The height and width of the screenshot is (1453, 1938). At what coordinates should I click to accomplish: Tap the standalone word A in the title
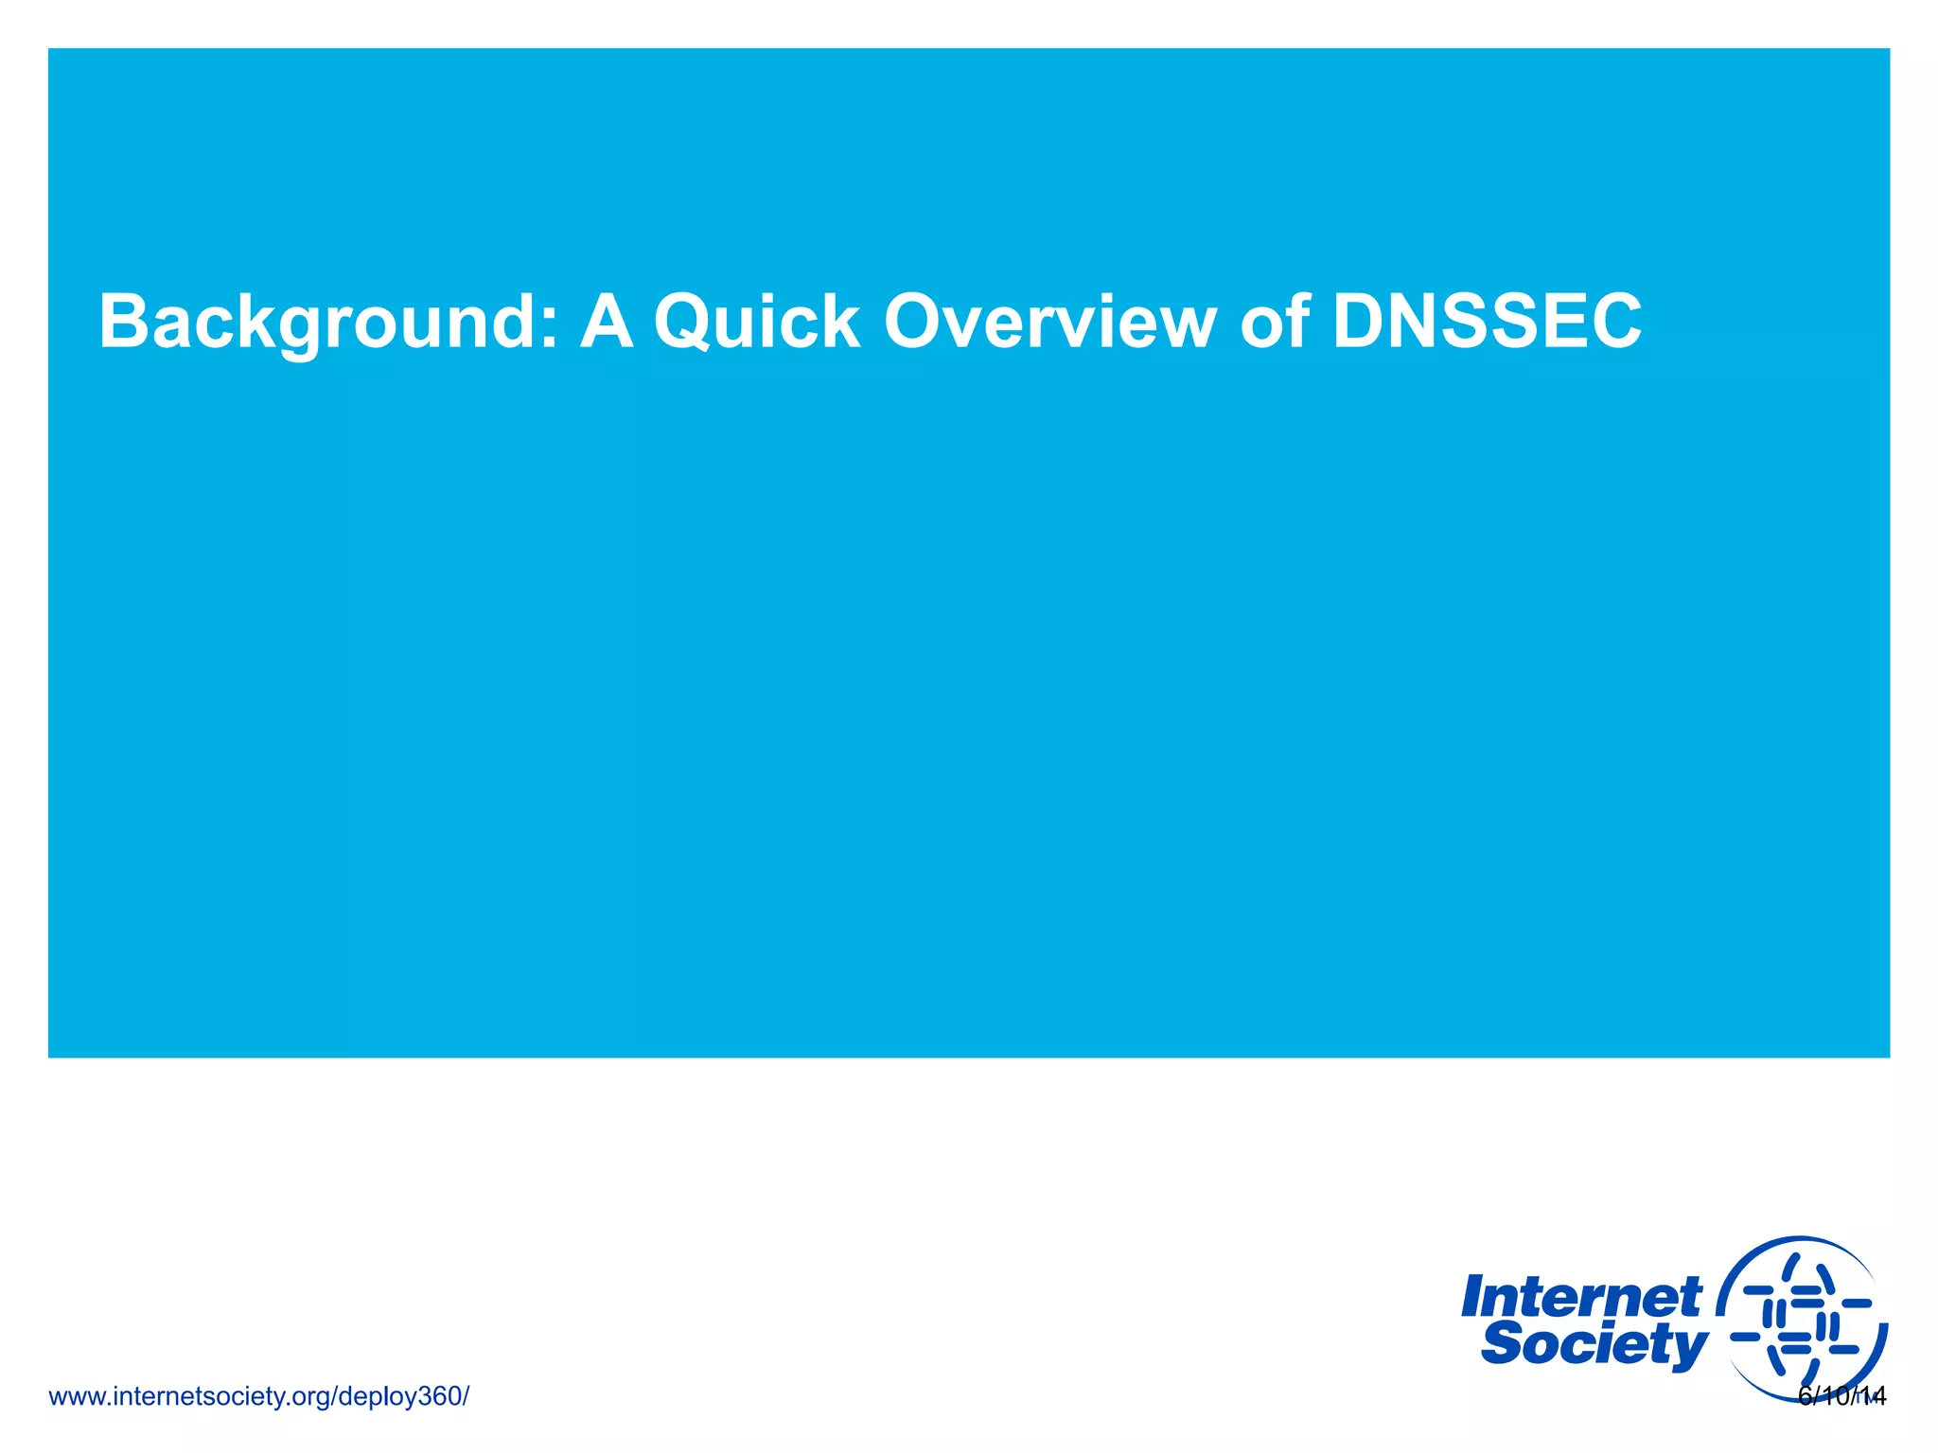click(x=607, y=323)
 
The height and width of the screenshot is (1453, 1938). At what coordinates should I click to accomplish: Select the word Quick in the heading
click(x=757, y=323)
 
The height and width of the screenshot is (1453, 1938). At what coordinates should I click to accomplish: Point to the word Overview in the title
click(x=1049, y=323)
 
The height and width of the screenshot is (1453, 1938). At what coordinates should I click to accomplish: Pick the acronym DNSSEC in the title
click(x=1487, y=323)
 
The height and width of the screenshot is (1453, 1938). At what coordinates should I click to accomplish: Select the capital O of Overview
click(x=916, y=323)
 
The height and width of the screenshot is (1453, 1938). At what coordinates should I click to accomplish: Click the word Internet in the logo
click(x=1581, y=1297)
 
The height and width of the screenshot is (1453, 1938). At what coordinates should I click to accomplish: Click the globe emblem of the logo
click(x=1803, y=1321)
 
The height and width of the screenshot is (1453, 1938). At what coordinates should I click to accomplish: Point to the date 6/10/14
click(x=1841, y=1396)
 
